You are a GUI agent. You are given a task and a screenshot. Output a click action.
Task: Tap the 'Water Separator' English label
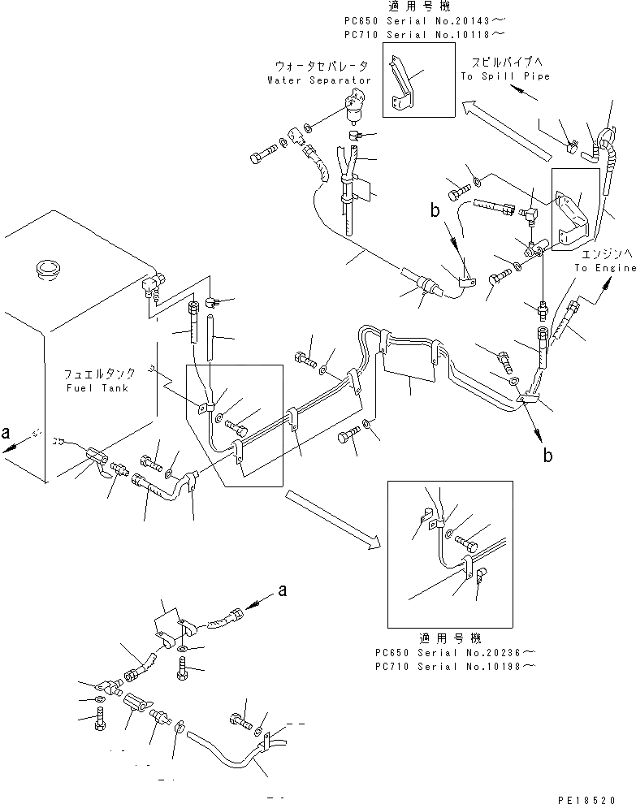coord(318,80)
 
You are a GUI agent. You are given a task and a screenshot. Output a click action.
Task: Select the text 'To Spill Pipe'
coord(505,76)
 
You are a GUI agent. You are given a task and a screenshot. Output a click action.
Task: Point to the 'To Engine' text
coord(605,267)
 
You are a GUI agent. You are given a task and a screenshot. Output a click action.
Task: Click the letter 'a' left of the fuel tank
coord(7,434)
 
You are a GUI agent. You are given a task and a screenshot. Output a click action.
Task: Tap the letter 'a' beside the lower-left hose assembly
coord(283,592)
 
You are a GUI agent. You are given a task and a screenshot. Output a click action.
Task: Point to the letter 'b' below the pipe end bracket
coord(549,456)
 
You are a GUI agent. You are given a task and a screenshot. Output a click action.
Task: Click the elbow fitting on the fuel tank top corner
coord(152,284)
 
